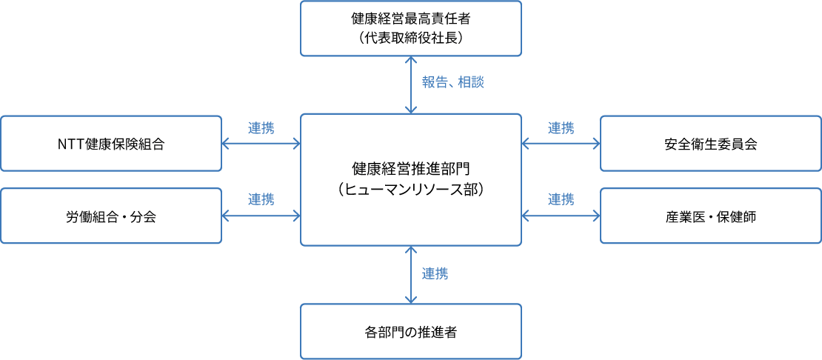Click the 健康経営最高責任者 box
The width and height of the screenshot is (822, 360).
[410, 28]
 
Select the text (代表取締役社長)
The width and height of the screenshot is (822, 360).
[410, 39]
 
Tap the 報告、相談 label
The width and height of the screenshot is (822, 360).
[452, 83]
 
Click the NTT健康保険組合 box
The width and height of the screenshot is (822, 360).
[111, 144]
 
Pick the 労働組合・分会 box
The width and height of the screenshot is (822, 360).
[111, 216]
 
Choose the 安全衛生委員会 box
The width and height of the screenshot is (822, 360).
[710, 144]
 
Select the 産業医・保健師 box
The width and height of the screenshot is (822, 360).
[710, 216]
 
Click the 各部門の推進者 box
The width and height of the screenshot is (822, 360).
[410, 331]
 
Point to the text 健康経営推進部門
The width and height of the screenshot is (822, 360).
[410, 170]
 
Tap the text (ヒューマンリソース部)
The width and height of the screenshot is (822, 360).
[410, 190]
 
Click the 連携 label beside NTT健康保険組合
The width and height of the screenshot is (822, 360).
[261, 127]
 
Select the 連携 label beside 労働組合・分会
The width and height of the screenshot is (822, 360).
[261, 199]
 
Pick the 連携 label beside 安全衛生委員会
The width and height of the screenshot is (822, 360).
[561, 127]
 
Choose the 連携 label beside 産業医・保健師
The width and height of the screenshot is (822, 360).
[561, 199]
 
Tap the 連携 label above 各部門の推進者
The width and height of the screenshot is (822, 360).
[435, 273]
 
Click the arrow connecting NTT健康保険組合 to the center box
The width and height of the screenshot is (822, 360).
[261, 143]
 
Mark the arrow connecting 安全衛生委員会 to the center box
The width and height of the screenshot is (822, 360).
[561, 143]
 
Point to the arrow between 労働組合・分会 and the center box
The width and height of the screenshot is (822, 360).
[261, 216]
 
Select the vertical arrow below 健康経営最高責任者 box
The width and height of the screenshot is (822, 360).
[410, 84]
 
